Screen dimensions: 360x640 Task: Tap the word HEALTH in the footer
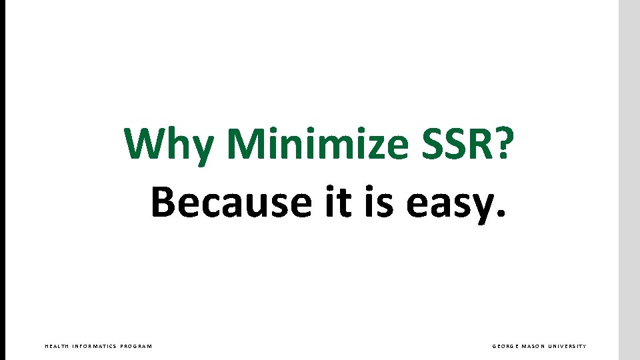pyautogui.click(x=56, y=346)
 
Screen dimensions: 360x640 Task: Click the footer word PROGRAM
pyautogui.click(x=136, y=346)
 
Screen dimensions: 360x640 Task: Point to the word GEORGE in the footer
pyautogui.click(x=506, y=346)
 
